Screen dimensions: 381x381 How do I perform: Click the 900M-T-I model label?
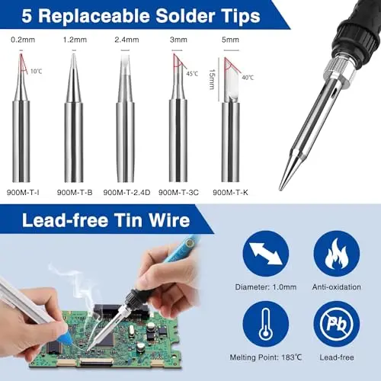click(x=23, y=193)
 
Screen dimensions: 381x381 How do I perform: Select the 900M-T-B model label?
click(x=75, y=193)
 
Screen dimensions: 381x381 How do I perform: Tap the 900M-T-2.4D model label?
click(x=126, y=193)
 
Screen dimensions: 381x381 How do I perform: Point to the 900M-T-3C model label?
click(x=178, y=193)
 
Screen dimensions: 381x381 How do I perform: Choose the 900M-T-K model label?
click(x=230, y=193)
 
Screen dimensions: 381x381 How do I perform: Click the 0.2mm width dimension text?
click(x=23, y=40)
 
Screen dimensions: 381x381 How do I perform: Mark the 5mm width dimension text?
click(x=230, y=40)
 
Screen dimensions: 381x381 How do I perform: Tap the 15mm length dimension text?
click(x=213, y=79)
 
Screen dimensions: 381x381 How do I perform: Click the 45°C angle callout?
click(x=192, y=74)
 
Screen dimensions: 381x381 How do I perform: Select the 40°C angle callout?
click(x=248, y=78)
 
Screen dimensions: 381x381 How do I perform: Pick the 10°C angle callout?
click(x=36, y=72)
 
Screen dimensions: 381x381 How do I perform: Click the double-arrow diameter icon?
click(x=266, y=254)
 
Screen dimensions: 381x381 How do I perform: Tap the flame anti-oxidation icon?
click(x=337, y=254)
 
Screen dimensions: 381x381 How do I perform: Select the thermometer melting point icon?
click(x=266, y=324)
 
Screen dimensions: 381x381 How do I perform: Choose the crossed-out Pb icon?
click(x=337, y=324)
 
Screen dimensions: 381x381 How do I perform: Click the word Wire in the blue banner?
click(x=169, y=220)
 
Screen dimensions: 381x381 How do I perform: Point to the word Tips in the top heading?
click(x=237, y=16)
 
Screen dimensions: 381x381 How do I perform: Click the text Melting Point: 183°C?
click(x=266, y=357)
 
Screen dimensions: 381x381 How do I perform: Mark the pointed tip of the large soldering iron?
click(x=280, y=189)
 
